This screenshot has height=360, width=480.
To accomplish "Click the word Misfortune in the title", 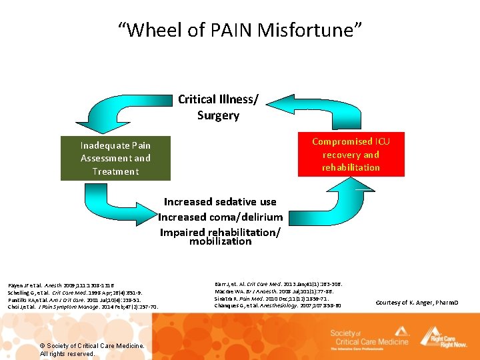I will point(305,31).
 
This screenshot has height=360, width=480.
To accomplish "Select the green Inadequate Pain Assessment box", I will point(115,159).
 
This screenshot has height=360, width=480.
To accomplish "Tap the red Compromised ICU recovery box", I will point(351,155).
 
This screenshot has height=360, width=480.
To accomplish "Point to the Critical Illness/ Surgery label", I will point(218,107).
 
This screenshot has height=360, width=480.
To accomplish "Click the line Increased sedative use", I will point(220,201).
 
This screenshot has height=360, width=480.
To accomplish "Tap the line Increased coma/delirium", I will point(220,217).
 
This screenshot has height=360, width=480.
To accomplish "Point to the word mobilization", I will point(220,241).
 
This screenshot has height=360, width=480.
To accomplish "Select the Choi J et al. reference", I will point(83,307).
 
